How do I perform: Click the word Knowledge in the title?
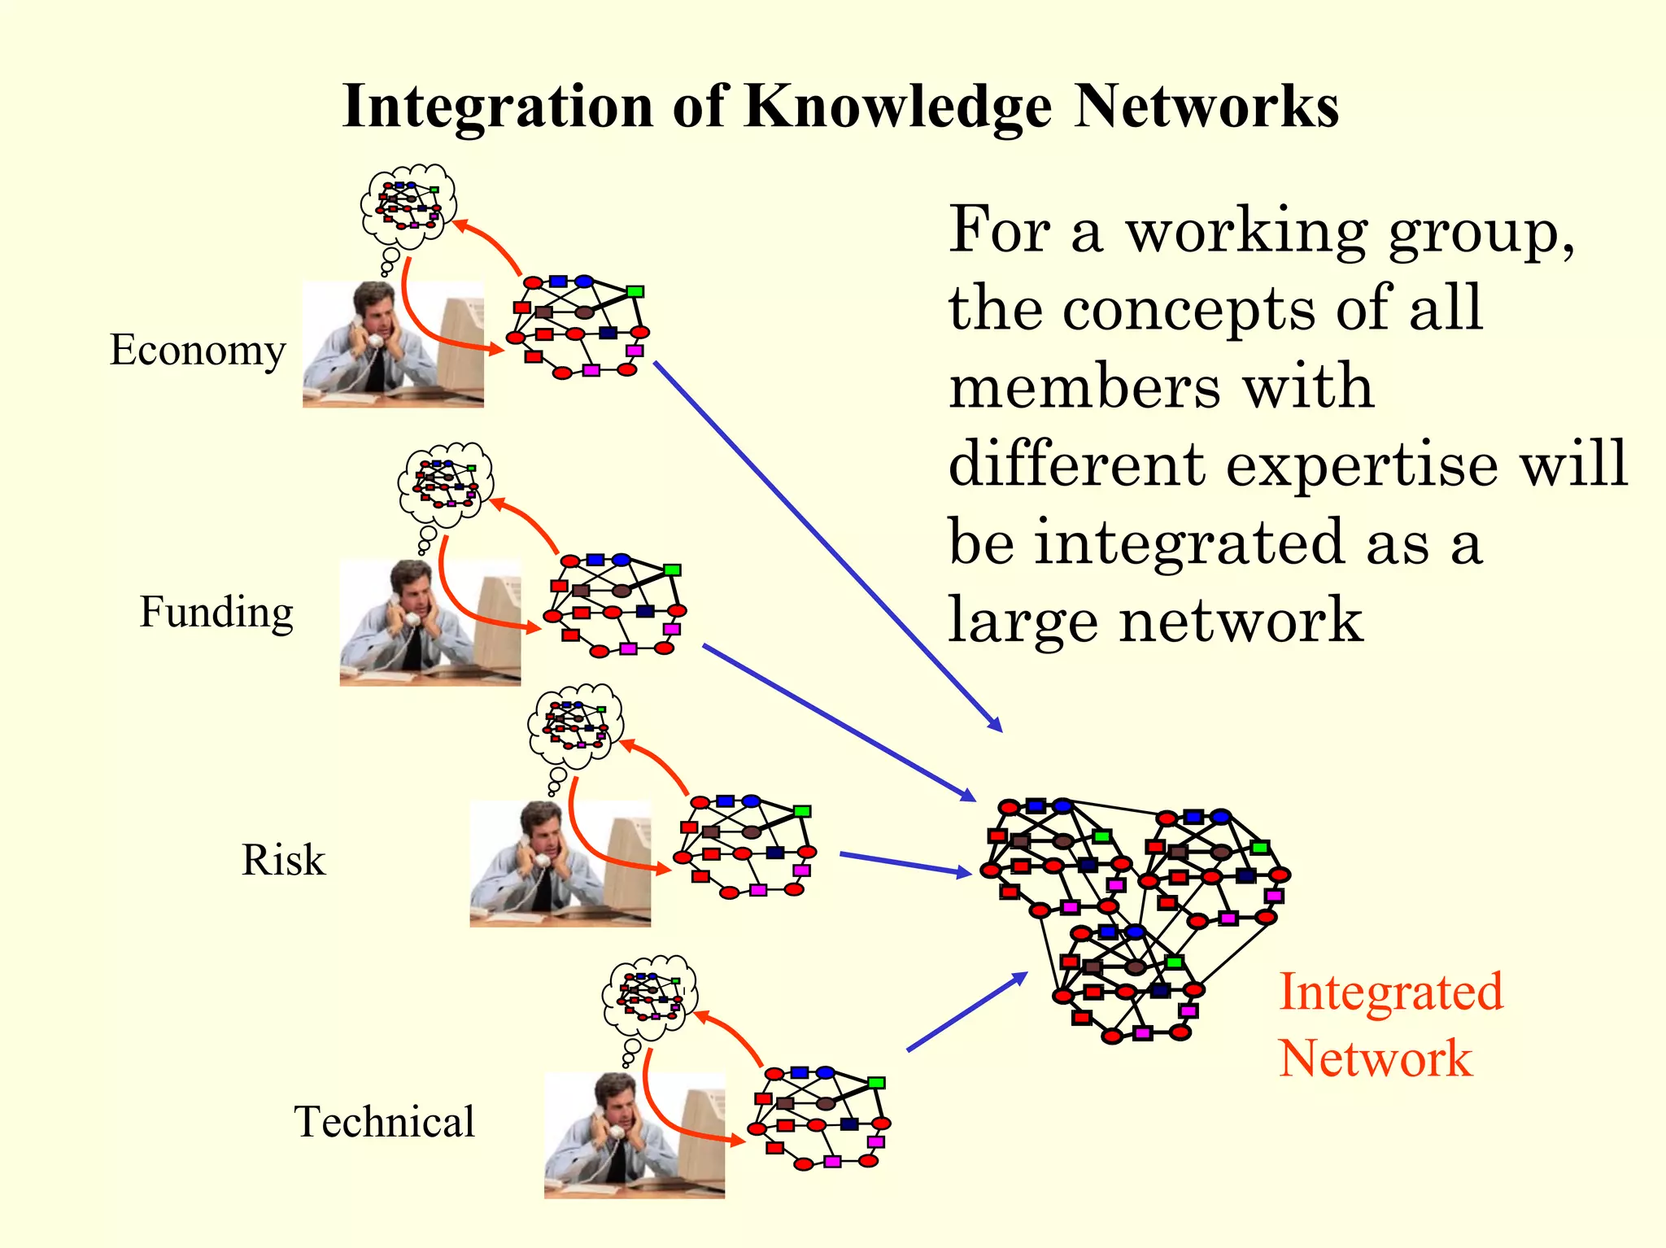pyautogui.click(x=897, y=107)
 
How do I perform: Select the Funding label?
pyautogui.click(x=216, y=612)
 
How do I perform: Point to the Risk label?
pyautogui.click(x=283, y=860)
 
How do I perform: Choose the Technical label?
pyautogui.click(x=384, y=1122)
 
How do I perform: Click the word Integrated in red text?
pyautogui.click(x=1391, y=992)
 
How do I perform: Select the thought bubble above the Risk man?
pyautogui.click(x=575, y=725)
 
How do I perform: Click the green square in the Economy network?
pyautogui.click(x=635, y=291)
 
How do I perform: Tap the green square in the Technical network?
pyautogui.click(x=876, y=1083)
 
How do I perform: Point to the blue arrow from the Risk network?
pyautogui.click(x=905, y=863)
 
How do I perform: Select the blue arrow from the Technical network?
pyautogui.click(x=966, y=1012)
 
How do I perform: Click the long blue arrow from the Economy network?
pyautogui.click(x=827, y=546)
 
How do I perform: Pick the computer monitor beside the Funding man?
pyautogui.click(x=498, y=622)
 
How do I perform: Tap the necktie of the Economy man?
pyautogui.click(x=376, y=370)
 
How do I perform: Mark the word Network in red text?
pyautogui.click(x=1375, y=1058)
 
